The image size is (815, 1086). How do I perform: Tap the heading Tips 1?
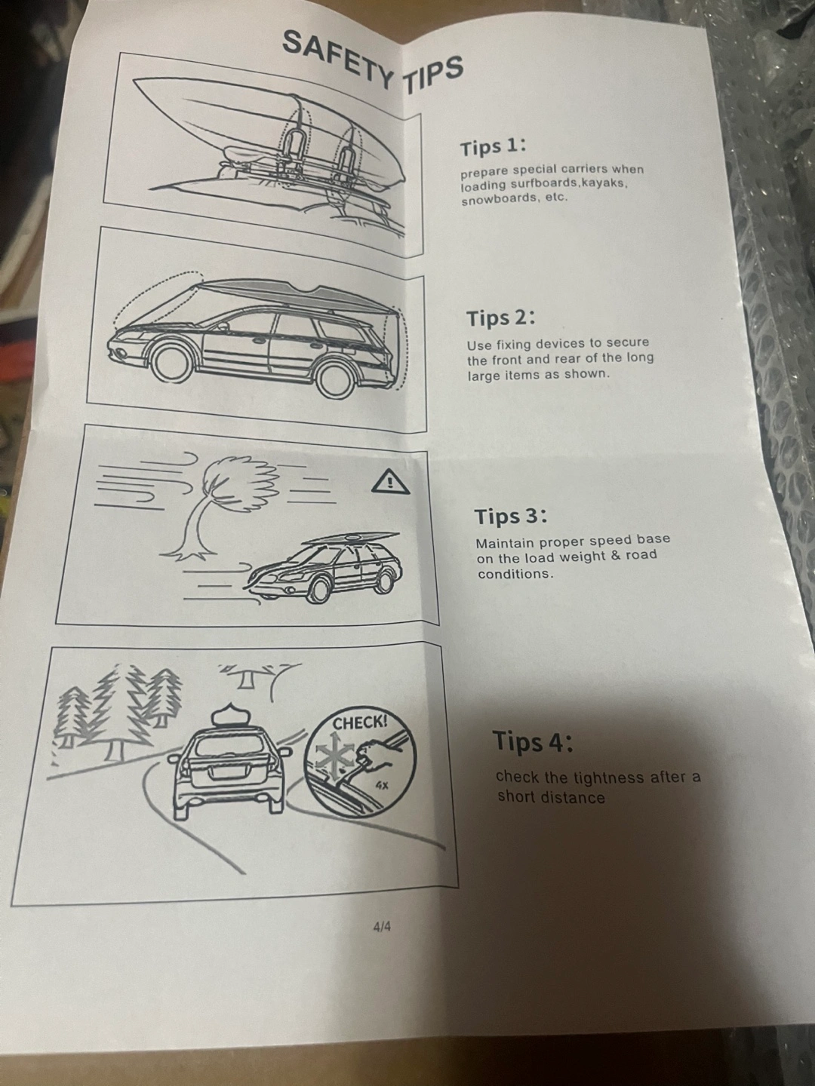(493, 148)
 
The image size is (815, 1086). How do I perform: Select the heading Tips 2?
(501, 318)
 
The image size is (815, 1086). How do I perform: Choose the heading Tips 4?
(533, 741)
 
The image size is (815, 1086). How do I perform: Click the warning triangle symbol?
(390, 481)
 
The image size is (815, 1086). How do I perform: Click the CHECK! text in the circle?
(360, 723)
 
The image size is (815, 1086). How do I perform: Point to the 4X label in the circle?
(382, 785)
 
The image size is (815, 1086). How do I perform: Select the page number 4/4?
(382, 926)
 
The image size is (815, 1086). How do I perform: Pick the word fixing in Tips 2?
(513, 345)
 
